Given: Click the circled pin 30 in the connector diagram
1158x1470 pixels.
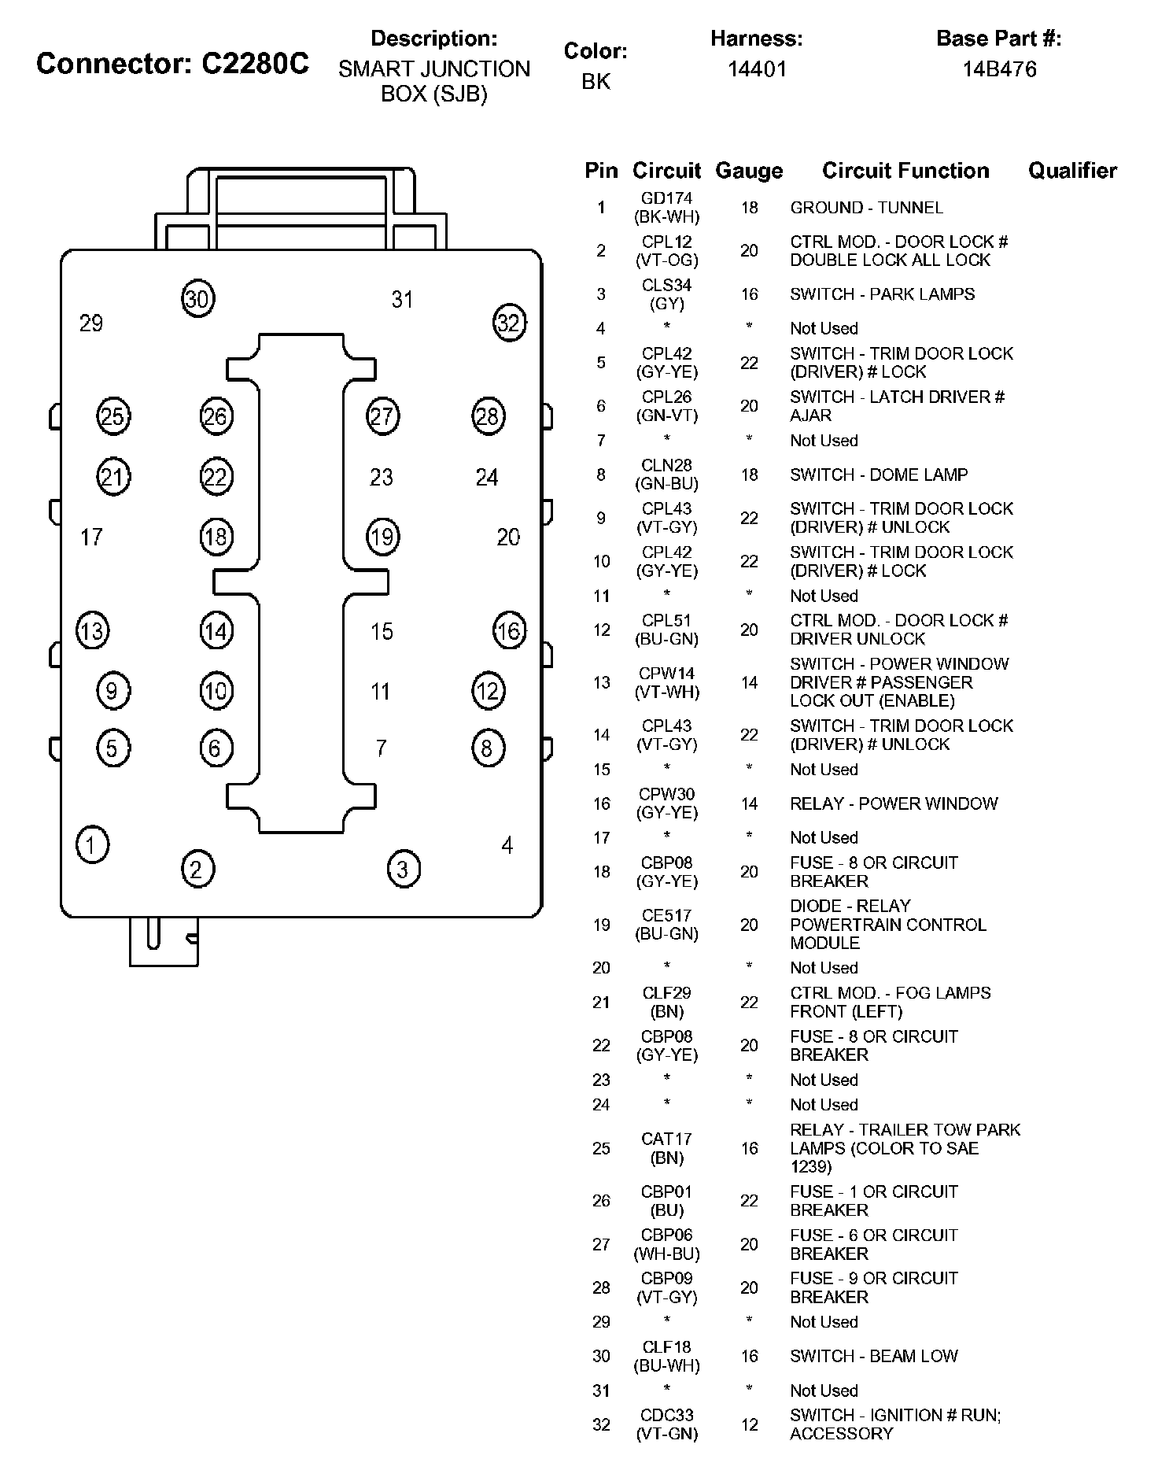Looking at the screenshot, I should [x=197, y=299].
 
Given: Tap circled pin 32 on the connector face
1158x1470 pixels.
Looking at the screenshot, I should [x=509, y=323].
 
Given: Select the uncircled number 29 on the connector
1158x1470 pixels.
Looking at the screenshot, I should [x=91, y=323].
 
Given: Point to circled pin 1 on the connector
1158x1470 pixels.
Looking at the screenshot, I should [x=92, y=845].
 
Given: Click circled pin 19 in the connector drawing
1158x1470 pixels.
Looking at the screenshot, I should [x=382, y=537].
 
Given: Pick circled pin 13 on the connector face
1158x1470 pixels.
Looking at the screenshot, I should [x=92, y=631].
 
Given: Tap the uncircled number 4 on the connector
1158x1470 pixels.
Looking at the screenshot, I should [x=507, y=845].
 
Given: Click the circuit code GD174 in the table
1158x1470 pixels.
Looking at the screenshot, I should [x=666, y=198].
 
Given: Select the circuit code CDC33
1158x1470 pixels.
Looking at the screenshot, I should [x=666, y=1416].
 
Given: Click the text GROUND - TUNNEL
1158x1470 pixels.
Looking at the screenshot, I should [x=866, y=208].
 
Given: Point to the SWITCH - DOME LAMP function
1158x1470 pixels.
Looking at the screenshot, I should [x=879, y=475].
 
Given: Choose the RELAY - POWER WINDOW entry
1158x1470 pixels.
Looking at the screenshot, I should [x=894, y=803].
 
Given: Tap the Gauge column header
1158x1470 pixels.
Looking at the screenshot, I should [x=749, y=171].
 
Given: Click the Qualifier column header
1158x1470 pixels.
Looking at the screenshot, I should [x=1072, y=171].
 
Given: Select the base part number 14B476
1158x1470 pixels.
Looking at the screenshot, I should [x=999, y=69].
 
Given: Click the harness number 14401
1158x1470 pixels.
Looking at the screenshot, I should [x=757, y=69].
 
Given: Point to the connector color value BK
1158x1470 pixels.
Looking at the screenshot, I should [x=596, y=81].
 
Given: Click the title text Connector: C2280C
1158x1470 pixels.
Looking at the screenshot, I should [x=173, y=64].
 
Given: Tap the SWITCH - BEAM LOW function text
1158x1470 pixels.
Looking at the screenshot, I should [x=874, y=1356].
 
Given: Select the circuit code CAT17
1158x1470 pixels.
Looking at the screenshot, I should [x=666, y=1139].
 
